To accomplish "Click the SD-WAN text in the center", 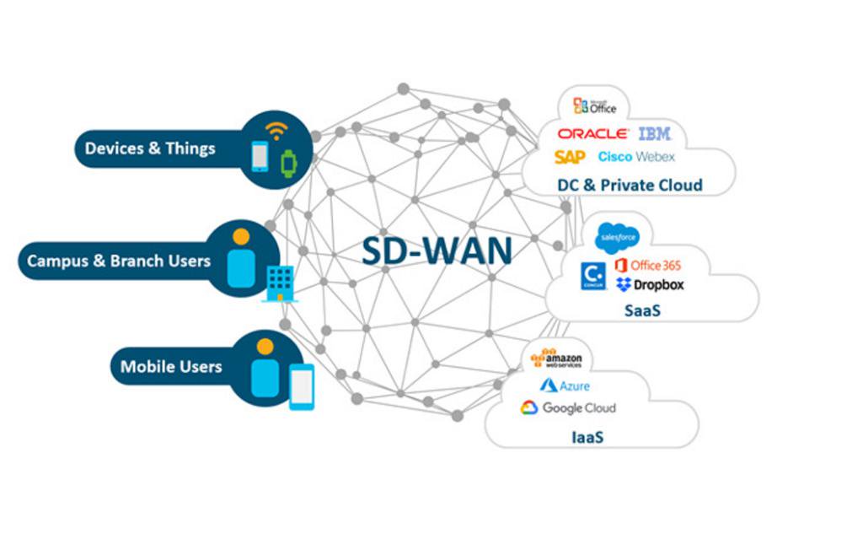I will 437,251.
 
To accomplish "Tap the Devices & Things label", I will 150,148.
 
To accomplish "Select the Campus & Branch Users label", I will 119,261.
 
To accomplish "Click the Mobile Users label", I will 171,367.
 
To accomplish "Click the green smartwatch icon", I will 289,161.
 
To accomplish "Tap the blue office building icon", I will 280,283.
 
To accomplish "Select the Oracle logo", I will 592,134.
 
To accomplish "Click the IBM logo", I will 655,133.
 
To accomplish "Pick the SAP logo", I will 570,157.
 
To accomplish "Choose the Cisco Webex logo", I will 636,157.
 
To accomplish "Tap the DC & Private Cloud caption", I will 630,185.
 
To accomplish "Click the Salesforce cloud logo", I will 618,240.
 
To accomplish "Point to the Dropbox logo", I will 650,285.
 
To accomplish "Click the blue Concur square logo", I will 593,277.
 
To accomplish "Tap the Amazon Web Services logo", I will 556,359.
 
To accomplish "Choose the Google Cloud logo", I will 568,408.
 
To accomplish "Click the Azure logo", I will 565,385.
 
